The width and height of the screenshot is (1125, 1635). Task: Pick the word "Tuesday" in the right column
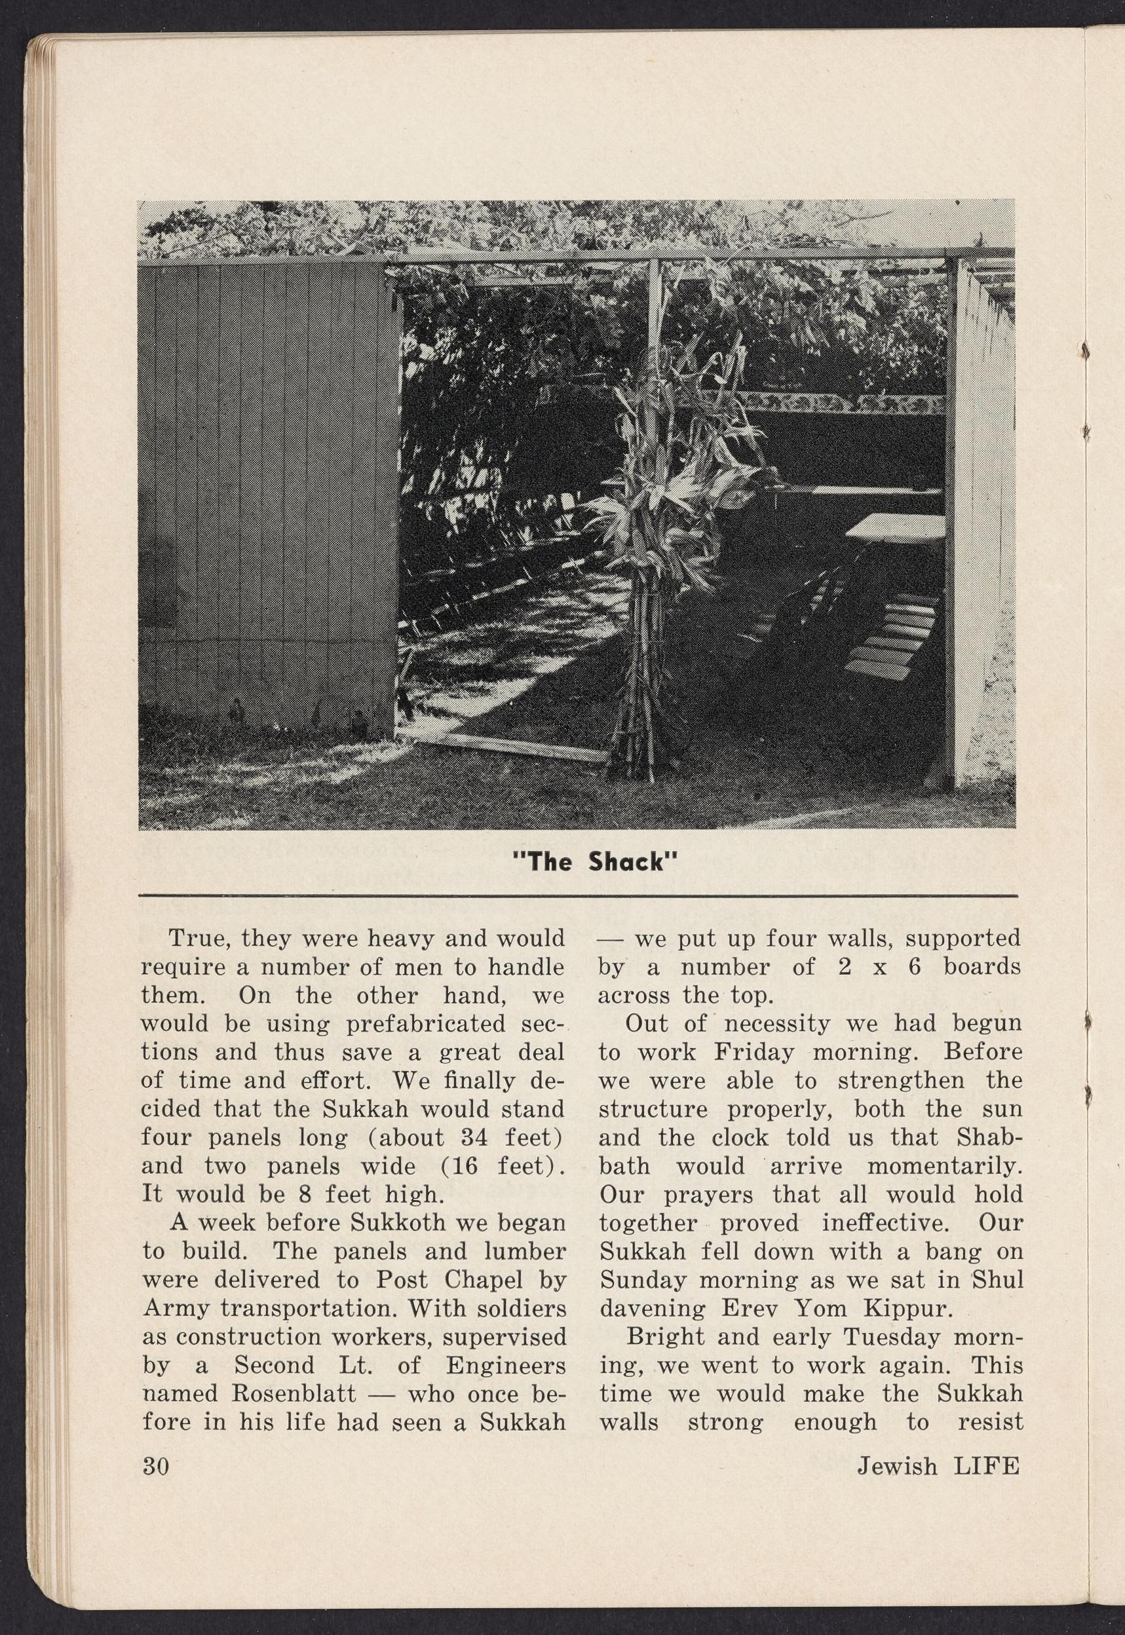click(x=886, y=1336)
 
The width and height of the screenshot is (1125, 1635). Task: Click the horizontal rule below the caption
click(x=578, y=895)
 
